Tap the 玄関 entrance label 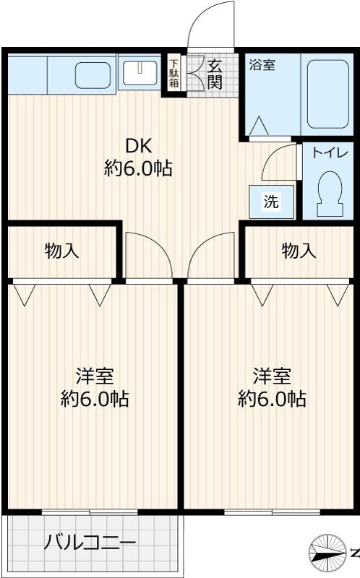pos(215,73)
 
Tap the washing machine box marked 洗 pos(271,202)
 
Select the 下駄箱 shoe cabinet pos(174,73)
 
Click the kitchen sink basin pos(93,74)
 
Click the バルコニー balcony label pos(90,542)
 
